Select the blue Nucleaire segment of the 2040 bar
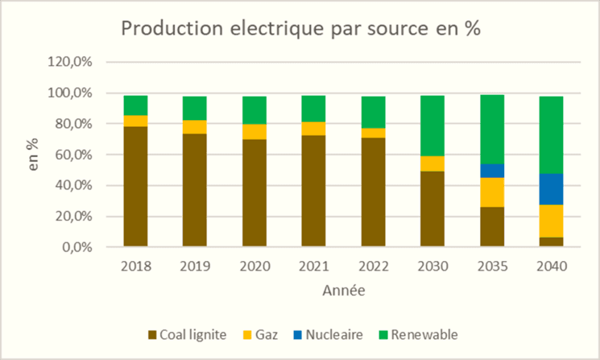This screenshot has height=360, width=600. (x=551, y=189)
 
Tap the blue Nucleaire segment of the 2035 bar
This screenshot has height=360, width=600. (x=491, y=171)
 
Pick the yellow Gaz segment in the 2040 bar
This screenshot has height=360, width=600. (x=551, y=221)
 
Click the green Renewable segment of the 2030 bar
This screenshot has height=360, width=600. (x=432, y=126)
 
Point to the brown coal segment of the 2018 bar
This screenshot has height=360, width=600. (x=135, y=186)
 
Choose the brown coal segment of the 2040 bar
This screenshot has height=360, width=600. (x=551, y=242)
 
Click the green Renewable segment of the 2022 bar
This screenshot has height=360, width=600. (x=373, y=112)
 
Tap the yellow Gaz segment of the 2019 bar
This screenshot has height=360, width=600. (x=195, y=127)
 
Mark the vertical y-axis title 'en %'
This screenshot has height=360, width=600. (x=36, y=155)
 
